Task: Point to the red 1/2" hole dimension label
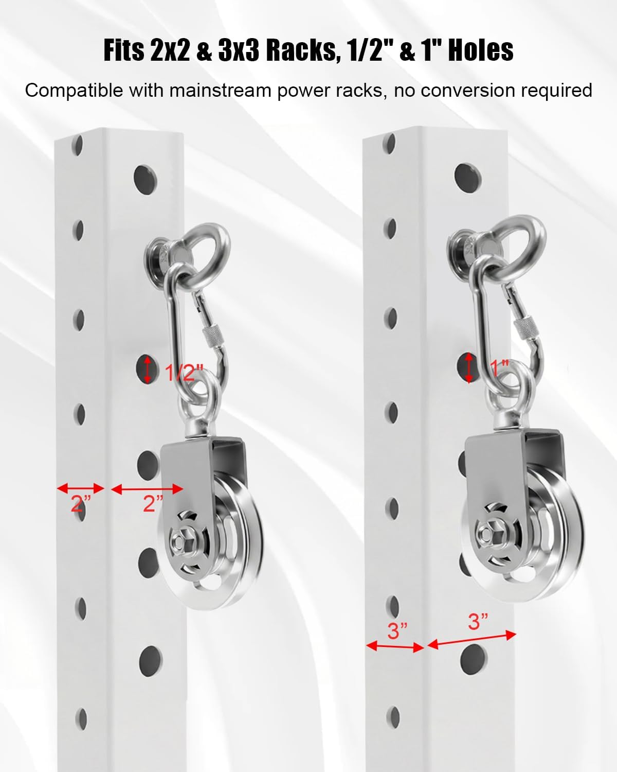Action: coord(184,372)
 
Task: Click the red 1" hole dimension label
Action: coord(499,367)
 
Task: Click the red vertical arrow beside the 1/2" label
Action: coord(148,370)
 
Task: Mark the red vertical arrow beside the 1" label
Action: coord(469,367)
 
